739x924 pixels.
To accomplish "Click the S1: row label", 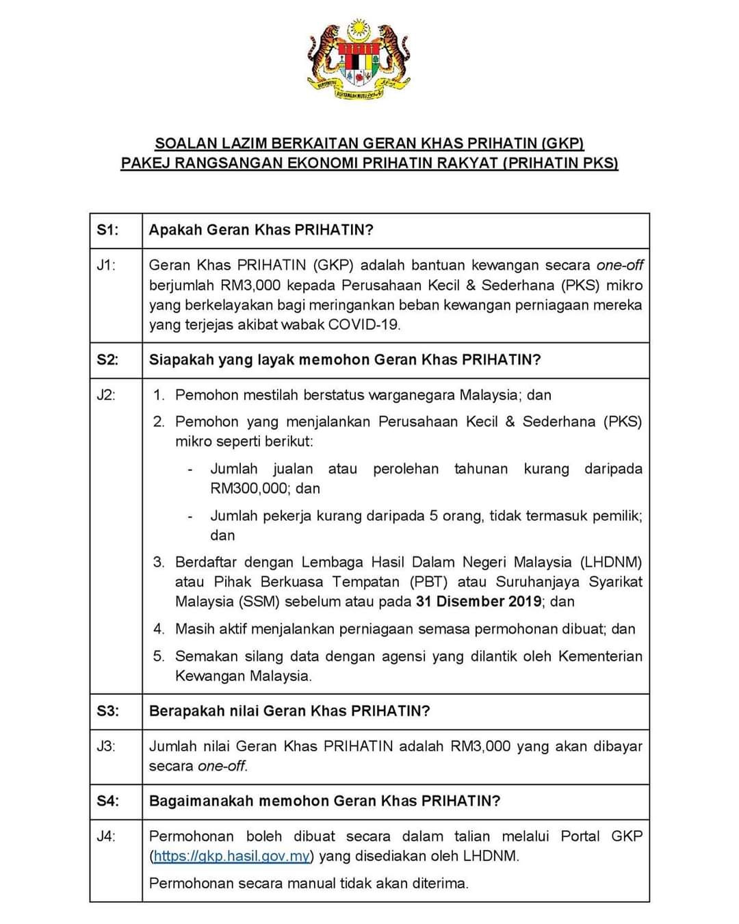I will (x=107, y=230).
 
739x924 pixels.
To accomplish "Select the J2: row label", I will (x=106, y=395).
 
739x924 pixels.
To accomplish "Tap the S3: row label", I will (x=107, y=711).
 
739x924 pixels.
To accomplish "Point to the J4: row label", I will (x=106, y=836).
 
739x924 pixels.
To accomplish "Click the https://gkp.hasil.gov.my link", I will (x=233, y=856).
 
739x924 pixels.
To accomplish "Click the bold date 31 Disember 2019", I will (x=478, y=602).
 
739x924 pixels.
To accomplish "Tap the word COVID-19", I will (x=363, y=324).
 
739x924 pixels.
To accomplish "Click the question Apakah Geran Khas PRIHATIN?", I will (x=261, y=230).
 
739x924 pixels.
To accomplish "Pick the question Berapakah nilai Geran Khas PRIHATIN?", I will (x=289, y=711).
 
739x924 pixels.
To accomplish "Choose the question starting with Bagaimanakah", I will (x=324, y=801).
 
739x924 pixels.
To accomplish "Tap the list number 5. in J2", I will (x=159, y=656).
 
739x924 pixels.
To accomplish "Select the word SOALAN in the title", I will (x=180, y=144).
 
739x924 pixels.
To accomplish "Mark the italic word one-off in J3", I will (x=222, y=766).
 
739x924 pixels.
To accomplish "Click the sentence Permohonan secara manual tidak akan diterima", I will (x=309, y=884).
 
